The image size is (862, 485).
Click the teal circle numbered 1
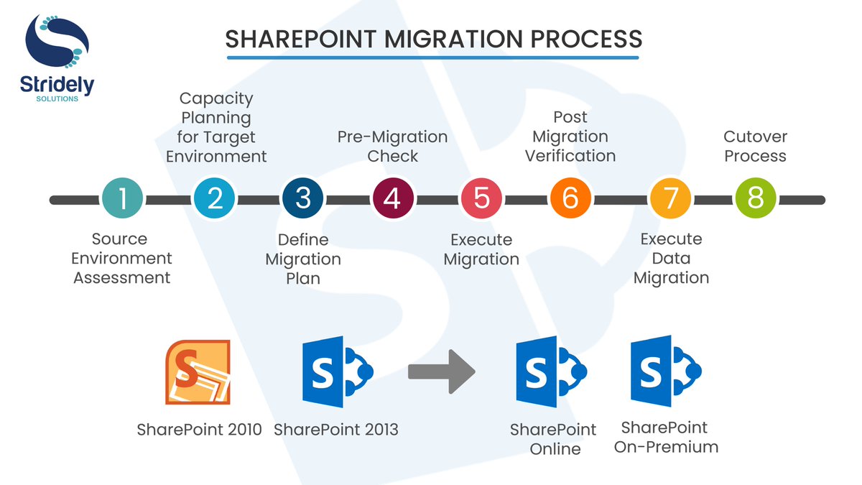(x=122, y=198)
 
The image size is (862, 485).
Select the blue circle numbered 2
(x=214, y=198)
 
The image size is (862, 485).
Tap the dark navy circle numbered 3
(x=303, y=198)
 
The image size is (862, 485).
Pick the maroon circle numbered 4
(x=392, y=198)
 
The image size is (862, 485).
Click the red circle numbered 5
(x=481, y=198)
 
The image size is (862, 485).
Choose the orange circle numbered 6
(x=570, y=198)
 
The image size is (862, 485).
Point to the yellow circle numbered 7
(x=669, y=198)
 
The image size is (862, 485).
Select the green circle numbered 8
(x=756, y=198)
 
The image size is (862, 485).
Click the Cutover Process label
(x=755, y=146)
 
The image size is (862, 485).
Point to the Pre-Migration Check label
(x=392, y=146)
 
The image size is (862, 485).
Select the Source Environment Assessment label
(x=122, y=258)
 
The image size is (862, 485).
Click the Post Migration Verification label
(x=570, y=136)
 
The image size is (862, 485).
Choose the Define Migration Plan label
(x=303, y=258)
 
